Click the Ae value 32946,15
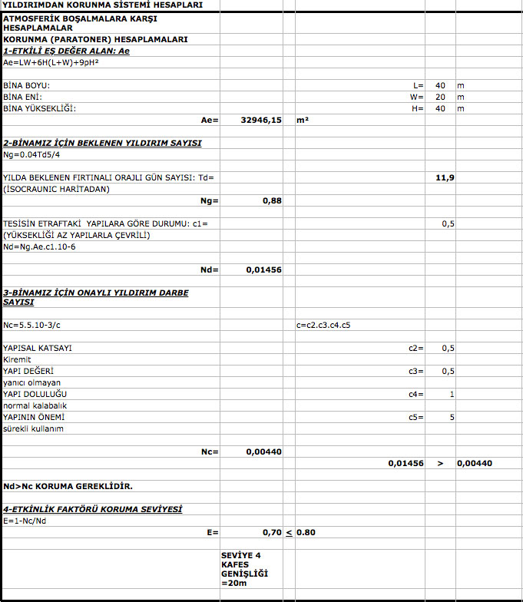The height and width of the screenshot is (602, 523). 261,121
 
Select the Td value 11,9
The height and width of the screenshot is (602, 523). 445,177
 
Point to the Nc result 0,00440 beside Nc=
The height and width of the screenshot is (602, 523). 263,451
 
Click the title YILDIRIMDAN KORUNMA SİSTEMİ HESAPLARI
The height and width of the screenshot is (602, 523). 103,5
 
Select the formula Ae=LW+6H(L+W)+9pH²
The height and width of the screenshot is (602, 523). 51,61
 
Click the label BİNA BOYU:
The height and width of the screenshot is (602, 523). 27,85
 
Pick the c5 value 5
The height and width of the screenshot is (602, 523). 452,417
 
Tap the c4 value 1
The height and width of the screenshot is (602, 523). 452,394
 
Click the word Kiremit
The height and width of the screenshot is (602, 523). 17,359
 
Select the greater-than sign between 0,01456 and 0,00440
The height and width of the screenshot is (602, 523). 440,463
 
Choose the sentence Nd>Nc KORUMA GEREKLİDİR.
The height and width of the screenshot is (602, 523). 68,486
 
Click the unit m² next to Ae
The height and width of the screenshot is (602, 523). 303,121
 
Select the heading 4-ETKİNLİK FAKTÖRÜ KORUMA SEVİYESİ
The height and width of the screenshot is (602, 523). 92,509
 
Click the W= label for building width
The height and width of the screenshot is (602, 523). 417,97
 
